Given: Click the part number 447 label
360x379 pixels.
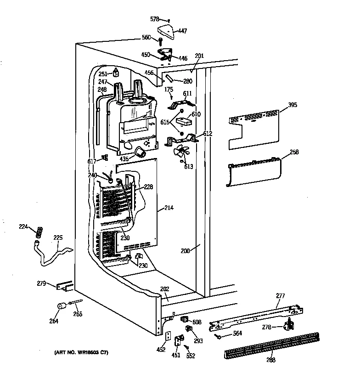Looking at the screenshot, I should [182, 31].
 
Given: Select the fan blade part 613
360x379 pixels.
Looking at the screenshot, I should [181, 153].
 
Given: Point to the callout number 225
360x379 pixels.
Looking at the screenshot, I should [58, 238].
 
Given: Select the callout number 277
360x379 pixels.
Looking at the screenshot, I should [280, 297].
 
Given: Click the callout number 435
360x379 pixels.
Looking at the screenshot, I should [124, 158].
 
